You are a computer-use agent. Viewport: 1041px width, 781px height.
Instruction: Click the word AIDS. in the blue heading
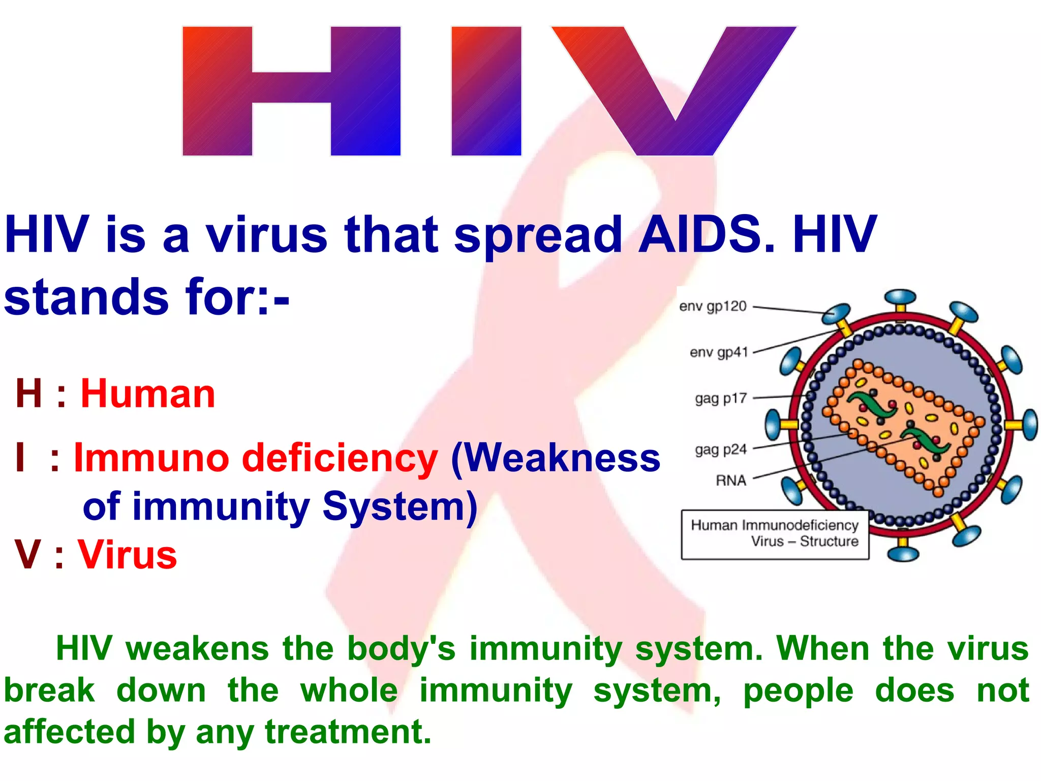click(707, 235)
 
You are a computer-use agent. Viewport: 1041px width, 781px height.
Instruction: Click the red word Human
click(148, 394)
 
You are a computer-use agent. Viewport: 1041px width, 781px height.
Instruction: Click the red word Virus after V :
click(127, 554)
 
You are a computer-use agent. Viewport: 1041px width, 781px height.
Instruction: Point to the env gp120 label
click(713, 306)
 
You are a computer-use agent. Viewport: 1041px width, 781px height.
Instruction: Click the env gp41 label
click(719, 352)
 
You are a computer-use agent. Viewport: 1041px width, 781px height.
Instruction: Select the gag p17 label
click(721, 398)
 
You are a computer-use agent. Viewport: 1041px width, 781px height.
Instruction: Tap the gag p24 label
click(721, 449)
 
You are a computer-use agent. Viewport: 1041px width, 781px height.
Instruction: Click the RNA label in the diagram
click(731, 480)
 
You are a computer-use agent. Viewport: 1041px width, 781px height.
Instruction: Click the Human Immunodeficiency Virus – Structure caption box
click(774, 533)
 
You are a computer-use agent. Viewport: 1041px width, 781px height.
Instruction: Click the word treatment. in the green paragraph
click(348, 732)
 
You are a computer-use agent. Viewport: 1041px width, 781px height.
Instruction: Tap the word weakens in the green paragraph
click(197, 649)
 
